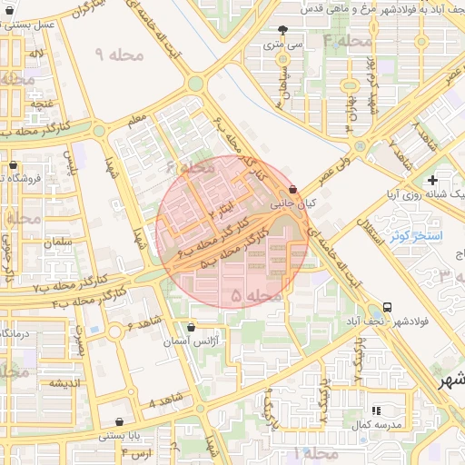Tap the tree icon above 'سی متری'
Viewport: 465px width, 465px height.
283,28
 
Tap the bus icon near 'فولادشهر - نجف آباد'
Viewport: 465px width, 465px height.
388,307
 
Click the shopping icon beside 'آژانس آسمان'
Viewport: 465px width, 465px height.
190,327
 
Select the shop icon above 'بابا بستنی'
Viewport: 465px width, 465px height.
121,421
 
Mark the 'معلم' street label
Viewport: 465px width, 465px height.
137,118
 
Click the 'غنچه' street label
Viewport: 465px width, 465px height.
42,104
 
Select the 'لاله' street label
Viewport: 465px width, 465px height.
35,54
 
